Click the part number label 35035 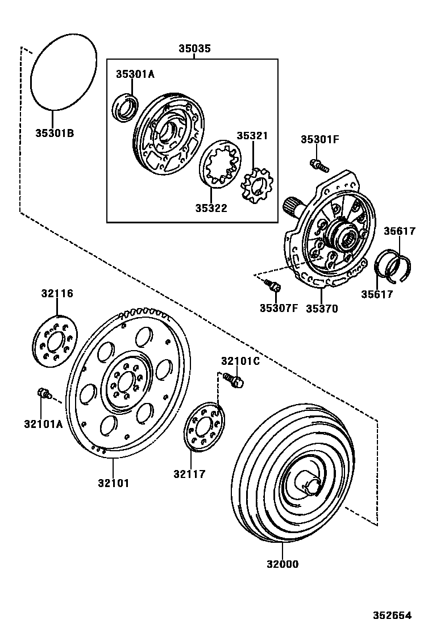[194, 49]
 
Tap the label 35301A [135, 74]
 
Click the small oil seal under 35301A [125, 109]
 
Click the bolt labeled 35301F [319, 165]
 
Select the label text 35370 [322, 309]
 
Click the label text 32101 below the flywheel [113, 483]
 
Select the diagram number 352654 [392, 615]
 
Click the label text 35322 [211, 208]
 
